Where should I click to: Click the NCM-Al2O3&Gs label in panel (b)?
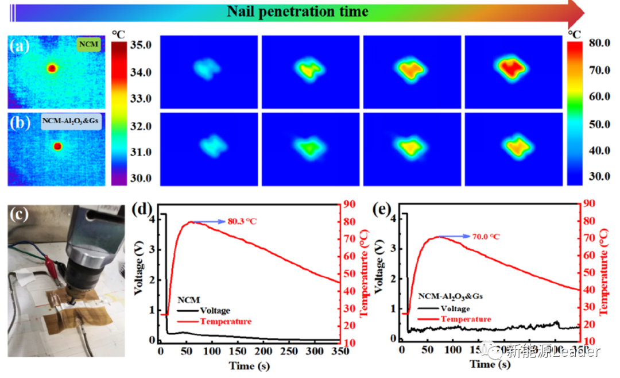click(x=71, y=121)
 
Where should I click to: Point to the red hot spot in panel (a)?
click(x=52, y=68)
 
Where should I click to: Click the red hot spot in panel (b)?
click(x=57, y=146)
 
